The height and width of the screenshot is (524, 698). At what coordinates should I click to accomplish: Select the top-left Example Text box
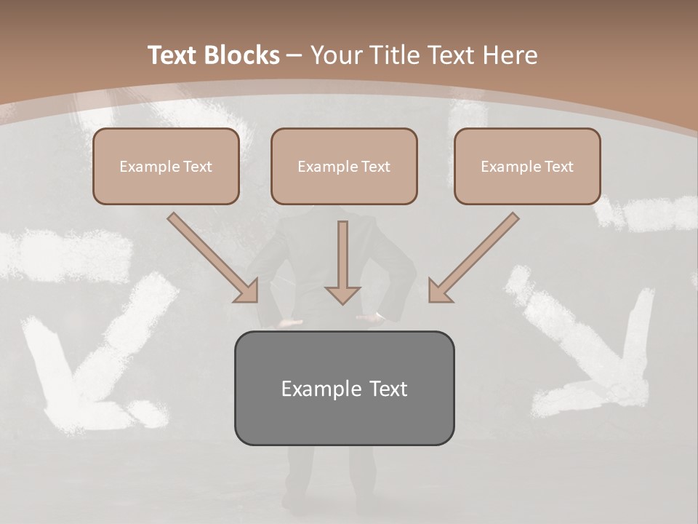click(166, 166)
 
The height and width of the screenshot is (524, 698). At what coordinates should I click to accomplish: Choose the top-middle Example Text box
click(344, 166)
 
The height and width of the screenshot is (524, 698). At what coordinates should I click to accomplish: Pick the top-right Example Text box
click(527, 166)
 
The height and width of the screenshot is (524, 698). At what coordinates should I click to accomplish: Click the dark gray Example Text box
click(344, 388)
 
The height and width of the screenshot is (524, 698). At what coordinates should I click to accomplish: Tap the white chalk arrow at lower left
click(87, 357)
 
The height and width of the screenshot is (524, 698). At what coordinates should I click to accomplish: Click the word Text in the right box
click(558, 166)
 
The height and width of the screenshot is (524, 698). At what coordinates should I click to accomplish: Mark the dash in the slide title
click(294, 55)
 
